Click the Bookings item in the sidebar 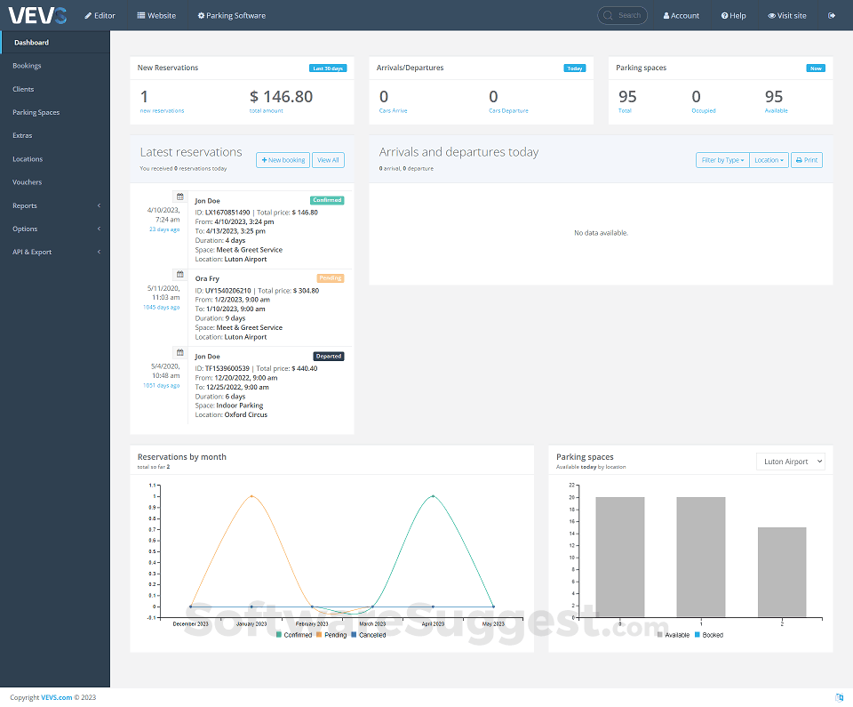click(x=27, y=66)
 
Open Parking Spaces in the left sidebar click(x=36, y=112)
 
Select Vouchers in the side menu click(x=27, y=182)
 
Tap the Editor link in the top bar click(x=100, y=15)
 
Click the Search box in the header click(x=623, y=15)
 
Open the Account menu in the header click(x=682, y=15)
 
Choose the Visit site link click(x=787, y=15)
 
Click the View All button click(x=328, y=160)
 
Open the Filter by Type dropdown click(x=722, y=160)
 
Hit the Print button click(x=807, y=160)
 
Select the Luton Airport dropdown click(x=791, y=462)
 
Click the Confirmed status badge click(x=327, y=200)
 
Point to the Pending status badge click(x=330, y=278)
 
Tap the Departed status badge click(x=328, y=356)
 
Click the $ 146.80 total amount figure click(x=281, y=97)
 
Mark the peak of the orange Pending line click(x=251, y=496)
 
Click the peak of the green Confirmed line click(x=433, y=496)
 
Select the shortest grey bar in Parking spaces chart click(x=782, y=572)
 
